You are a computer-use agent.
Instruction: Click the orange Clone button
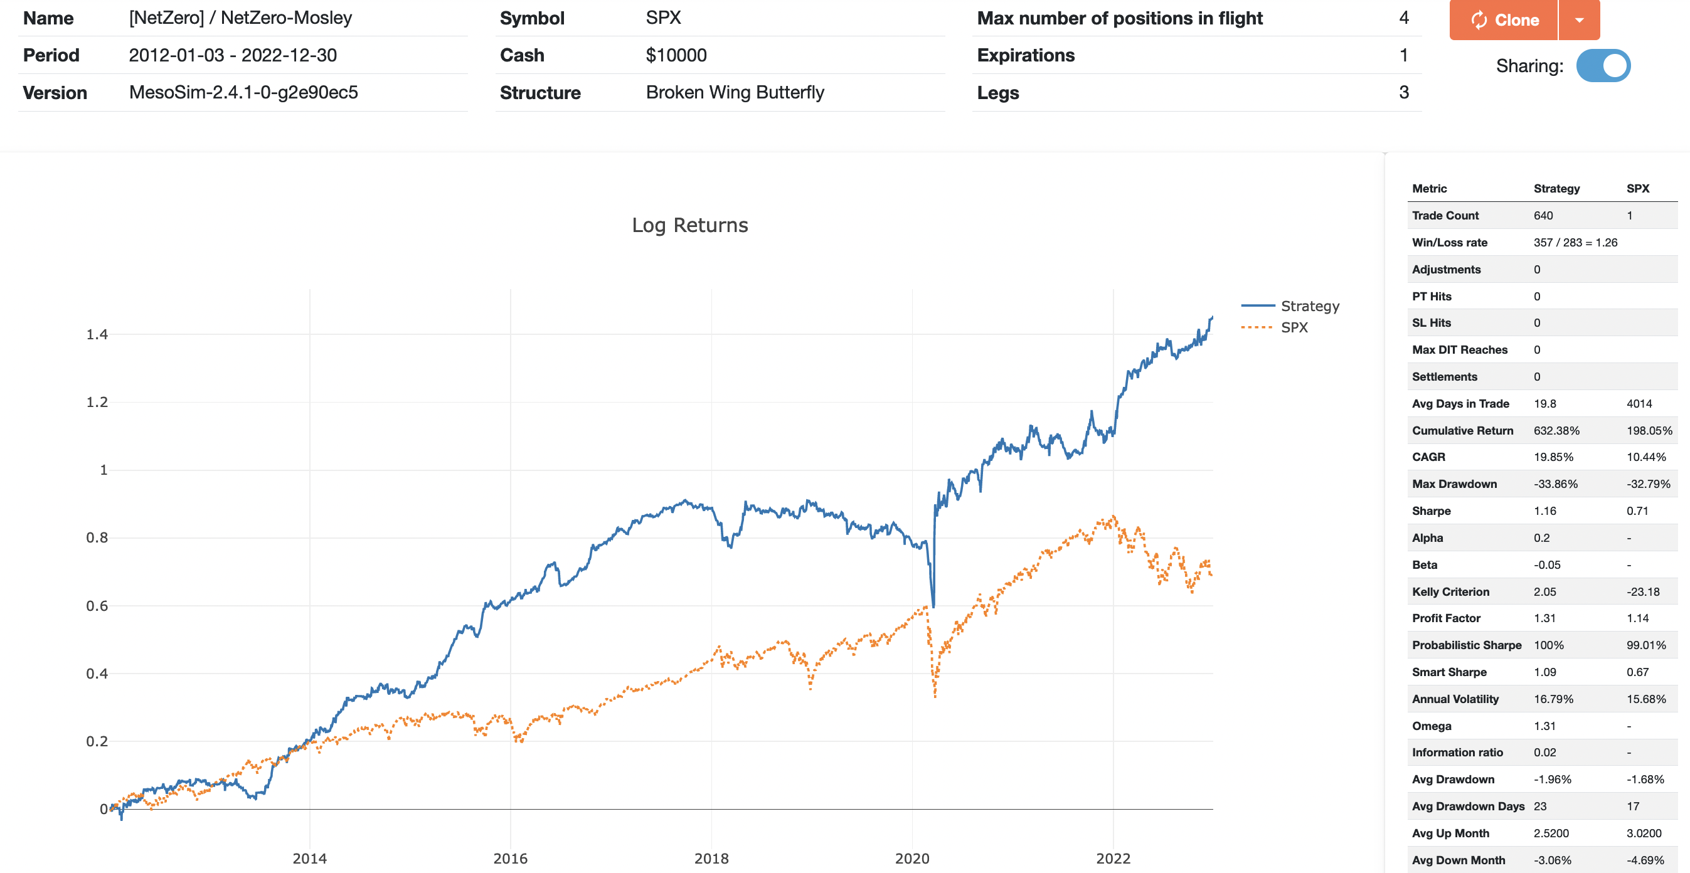(x=1503, y=19)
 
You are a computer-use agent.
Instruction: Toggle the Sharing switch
(x=1603, y=66)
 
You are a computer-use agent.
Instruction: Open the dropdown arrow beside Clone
(x=1579, y=19)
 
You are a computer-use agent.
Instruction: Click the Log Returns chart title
(x=689, y=225)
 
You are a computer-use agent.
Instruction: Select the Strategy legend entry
(x=1309, y=306)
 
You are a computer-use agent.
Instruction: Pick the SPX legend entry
(x=1294, y=327)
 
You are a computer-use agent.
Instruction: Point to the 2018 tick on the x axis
(x=711, y=858)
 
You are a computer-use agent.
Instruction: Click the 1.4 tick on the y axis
(x=97, y=334)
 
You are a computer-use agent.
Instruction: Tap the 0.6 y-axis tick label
(x=97, y=605)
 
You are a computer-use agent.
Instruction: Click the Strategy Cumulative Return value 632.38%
(x=1556, y=430)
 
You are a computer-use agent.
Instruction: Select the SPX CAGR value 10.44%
(x=1646, y=457)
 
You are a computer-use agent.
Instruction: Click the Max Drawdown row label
(x=1454, y=484)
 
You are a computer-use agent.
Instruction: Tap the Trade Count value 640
(x=1543, y=215)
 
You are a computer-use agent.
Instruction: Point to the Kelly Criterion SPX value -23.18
(x=1643, y=591)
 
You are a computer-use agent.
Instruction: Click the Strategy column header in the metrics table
(x=1556, y=188)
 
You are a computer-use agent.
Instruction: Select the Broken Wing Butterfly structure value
(x=735, y=92)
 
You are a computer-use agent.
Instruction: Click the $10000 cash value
(x=676, y=55)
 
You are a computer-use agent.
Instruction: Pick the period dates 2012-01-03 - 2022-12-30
(x=233, y=55)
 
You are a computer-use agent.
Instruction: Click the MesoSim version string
(x=243, y=92)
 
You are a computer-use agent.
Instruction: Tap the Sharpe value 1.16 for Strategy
(x=1545, y=511)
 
